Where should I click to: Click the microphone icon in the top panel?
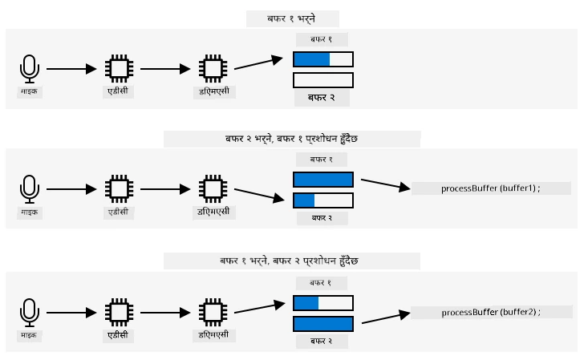point(29,69)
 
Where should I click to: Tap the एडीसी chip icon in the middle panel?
point(120,189)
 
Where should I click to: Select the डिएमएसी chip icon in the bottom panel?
point(213,313)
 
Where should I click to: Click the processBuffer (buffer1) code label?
point(490,188)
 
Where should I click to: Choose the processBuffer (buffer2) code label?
point(491,312)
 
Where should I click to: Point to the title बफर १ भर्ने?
point(291,18)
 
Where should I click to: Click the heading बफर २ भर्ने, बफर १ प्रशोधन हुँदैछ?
point(291,139)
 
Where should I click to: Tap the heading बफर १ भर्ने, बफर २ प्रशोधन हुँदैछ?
point(289,261)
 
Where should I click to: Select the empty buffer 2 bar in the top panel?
point(323,80)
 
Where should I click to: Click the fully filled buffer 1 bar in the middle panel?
point(323,180)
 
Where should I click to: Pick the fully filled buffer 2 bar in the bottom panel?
point(323,324)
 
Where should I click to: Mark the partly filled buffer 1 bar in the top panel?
point(323,59)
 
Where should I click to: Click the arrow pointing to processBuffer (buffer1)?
point(386,184)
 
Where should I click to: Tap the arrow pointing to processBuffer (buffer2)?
point(386,317)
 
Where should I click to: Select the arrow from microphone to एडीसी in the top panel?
point(71,69)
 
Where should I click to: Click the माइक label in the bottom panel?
point(29,335)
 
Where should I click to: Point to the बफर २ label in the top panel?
point(322,98)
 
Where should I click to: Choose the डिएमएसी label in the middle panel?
point(213,212)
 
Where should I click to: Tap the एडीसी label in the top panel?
point(118,91)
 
